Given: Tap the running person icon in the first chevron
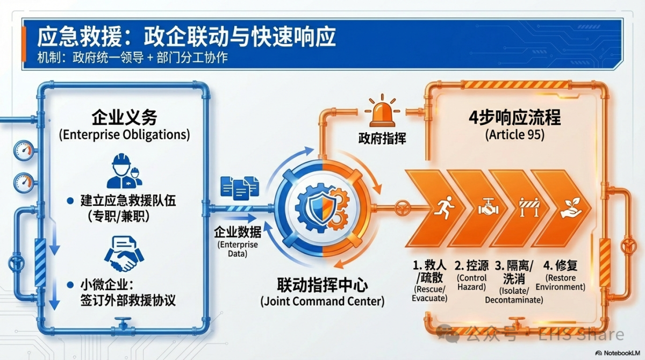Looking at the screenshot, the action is (446, 207).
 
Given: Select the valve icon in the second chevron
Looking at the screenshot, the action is (489, 207).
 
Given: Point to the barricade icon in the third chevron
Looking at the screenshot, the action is (529, 207).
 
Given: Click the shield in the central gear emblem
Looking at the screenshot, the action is (322, 207).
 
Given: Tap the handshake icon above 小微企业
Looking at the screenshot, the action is (124, 254).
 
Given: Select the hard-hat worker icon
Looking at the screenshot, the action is (124, 171).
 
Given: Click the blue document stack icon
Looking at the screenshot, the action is (240, 188).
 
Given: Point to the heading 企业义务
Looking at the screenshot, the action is (124, 118).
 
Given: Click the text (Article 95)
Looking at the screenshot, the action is (515, 134).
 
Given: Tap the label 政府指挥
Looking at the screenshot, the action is (382, 139).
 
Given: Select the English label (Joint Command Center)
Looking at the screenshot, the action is (322, 301).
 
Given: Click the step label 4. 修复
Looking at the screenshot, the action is (560, 265).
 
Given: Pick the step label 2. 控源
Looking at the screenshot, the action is (471, 265).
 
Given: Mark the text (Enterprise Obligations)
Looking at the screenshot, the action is (124, 134).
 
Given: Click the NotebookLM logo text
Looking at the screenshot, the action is (622, 353).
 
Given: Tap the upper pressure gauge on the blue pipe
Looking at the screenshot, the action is (24, 150).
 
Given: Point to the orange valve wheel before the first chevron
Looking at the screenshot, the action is (402, 208).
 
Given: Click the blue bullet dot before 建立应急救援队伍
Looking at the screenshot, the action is (70, 201).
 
